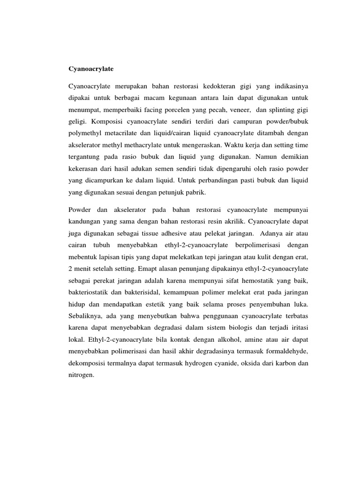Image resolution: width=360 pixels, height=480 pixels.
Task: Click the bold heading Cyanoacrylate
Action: coord(91,68)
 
